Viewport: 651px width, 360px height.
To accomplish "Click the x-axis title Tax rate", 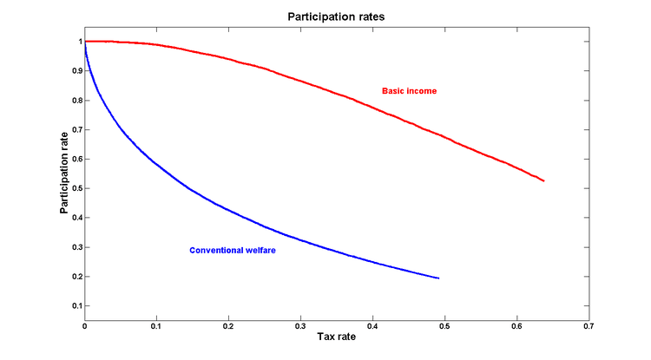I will (337, 338).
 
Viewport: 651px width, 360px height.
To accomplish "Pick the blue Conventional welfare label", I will (233, 251).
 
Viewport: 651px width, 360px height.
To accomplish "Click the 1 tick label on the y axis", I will (77, 41).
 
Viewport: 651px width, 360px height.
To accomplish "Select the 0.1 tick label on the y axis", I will (75, 306).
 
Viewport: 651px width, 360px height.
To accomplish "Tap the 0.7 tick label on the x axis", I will (589, 327).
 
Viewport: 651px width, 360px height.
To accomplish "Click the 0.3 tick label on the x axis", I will (300, 327).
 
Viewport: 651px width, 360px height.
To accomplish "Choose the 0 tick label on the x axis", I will (84, 327).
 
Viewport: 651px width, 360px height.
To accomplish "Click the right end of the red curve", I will (543, 180).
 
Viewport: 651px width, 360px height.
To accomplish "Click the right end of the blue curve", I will (438, 278).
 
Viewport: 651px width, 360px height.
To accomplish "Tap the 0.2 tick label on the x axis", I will (228, 327).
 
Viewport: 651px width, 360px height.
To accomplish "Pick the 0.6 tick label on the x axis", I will (516, 327).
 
